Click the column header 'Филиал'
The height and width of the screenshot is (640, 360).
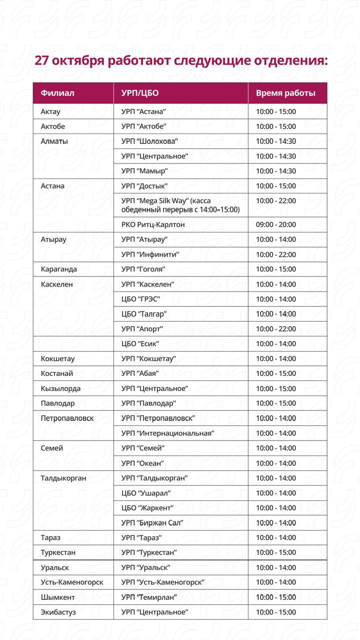coord(57,93)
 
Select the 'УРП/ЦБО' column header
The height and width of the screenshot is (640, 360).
coord(140,93)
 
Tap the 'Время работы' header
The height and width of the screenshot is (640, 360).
coord(285,93)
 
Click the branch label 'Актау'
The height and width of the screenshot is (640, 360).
coord(50,111)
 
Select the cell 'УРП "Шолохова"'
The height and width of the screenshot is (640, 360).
coord(149,141)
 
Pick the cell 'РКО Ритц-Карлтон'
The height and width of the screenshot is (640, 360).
coord(153,224)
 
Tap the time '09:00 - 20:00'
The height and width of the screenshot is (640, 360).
coord(275,224)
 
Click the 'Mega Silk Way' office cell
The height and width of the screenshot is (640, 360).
coord(180,205)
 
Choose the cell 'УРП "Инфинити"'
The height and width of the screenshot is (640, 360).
coord(150,254)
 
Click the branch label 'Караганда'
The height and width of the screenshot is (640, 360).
coord(59,269)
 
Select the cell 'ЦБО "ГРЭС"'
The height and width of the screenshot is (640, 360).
coord(140,299)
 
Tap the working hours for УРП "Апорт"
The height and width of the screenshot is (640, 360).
coord(275,329)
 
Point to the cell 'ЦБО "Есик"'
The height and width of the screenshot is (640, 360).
coord(140,343)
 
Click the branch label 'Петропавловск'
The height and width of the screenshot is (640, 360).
coord(67,418)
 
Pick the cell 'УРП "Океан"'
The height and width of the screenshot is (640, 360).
coord(142,463)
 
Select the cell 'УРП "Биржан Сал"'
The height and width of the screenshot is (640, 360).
coord(152,522)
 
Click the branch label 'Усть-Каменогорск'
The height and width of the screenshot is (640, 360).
coord(72,582)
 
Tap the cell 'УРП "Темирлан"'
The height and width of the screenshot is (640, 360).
coord(149,597)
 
